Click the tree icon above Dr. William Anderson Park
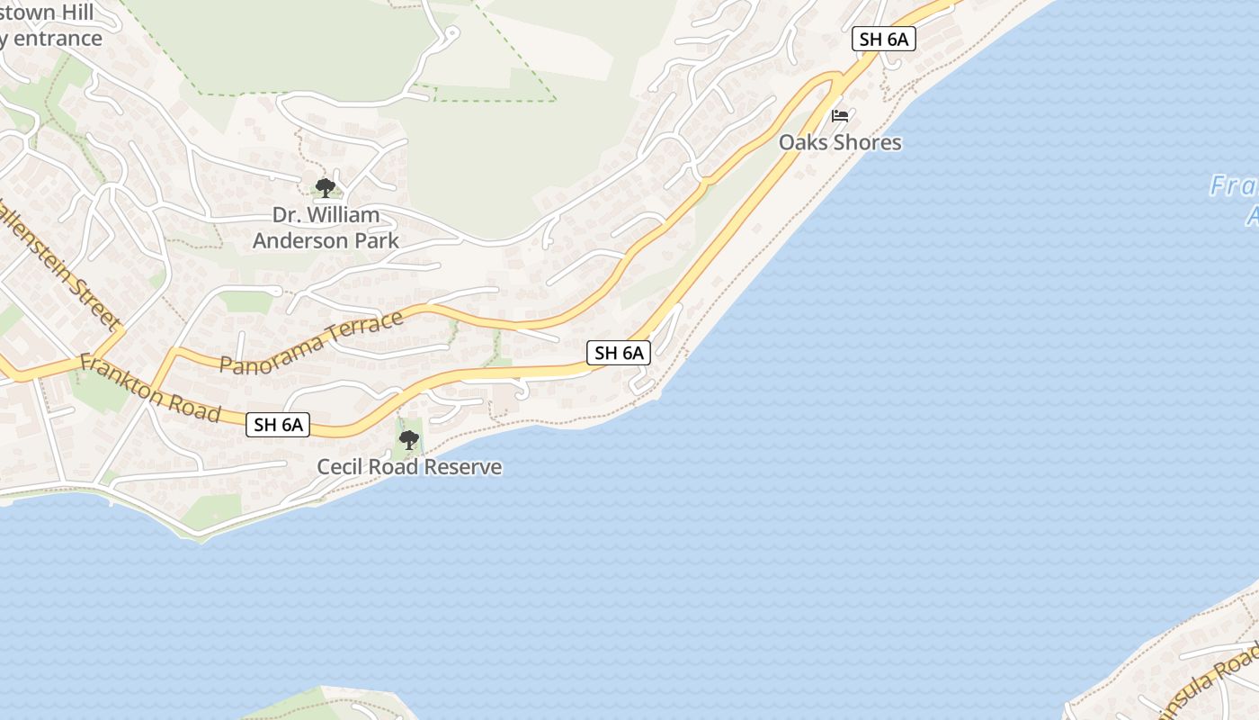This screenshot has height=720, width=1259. tap(326, 188)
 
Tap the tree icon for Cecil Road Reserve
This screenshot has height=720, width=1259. tap(409, 440)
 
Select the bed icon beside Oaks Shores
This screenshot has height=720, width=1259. tap(840, 116)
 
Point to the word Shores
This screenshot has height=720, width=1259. tap(867, 142)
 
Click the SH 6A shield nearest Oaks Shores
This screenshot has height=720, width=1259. tap(884, 39)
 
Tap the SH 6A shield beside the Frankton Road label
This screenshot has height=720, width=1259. tap(278, 425)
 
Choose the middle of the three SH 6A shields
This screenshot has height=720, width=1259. tap(619, 353)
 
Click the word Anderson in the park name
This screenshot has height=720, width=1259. tap(299, 240)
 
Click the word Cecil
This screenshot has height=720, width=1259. tap(340, 467)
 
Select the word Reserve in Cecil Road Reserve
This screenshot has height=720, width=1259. tap(462, 467)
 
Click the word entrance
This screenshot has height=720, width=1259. tap(56, 39)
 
